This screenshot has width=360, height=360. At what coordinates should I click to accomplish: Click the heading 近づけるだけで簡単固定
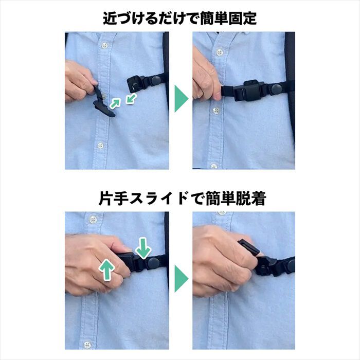pyautogui.click(x=179, y=19)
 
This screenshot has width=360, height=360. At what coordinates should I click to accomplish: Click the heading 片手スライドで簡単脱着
pyautogui.click(x=179, y=199)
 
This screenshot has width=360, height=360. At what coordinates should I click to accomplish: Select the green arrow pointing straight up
pyautogui.click(x=107, y=269)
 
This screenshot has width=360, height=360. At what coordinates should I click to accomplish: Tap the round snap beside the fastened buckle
pyautogui.click(x=277, y=88)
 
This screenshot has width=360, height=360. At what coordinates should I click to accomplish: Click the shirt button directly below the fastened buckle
pyautogui.click(x=217, y=111)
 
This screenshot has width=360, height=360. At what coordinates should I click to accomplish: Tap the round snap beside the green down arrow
pyautogui.click(x=153, y=262)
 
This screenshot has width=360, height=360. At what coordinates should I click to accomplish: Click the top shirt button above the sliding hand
pyautogui.click(x=93, y=220)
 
